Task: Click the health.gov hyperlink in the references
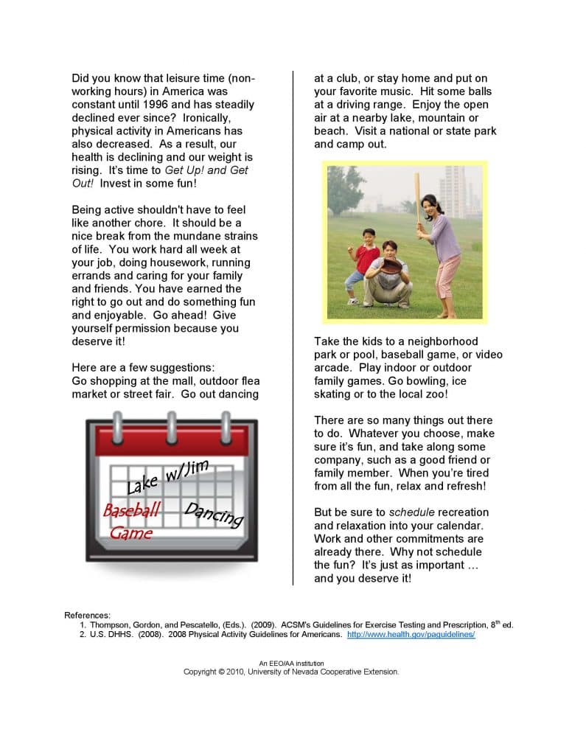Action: [x=411, y=634]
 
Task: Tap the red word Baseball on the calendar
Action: [x=132, y=511]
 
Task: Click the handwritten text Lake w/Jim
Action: [x=168, y=476]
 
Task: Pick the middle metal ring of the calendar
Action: [x=172, y=425]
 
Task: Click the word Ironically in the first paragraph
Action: [x=206, y=118]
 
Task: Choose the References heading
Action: [x=88, y=615]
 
